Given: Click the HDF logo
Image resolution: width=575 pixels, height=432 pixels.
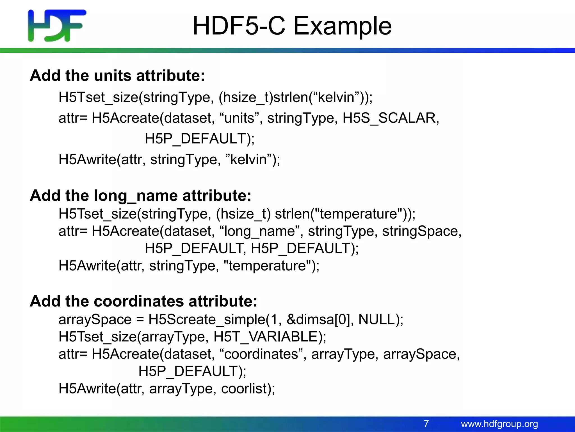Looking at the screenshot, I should pos(57,26).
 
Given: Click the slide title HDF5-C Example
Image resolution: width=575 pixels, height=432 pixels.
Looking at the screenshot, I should pos(292,26).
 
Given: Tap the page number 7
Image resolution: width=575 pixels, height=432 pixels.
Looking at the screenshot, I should pos(426,424).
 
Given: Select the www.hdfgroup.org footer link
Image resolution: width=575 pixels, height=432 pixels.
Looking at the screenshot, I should pos(499,424).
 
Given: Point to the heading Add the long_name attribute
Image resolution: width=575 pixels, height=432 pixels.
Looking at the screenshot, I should pos(140,195).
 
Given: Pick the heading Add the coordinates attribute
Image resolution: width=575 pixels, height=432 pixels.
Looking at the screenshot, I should pos(143,301).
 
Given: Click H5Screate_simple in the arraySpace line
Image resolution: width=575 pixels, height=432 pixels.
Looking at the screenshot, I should pos(207,319).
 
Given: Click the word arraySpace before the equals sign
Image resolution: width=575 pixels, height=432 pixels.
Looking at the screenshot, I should pos(95,319).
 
